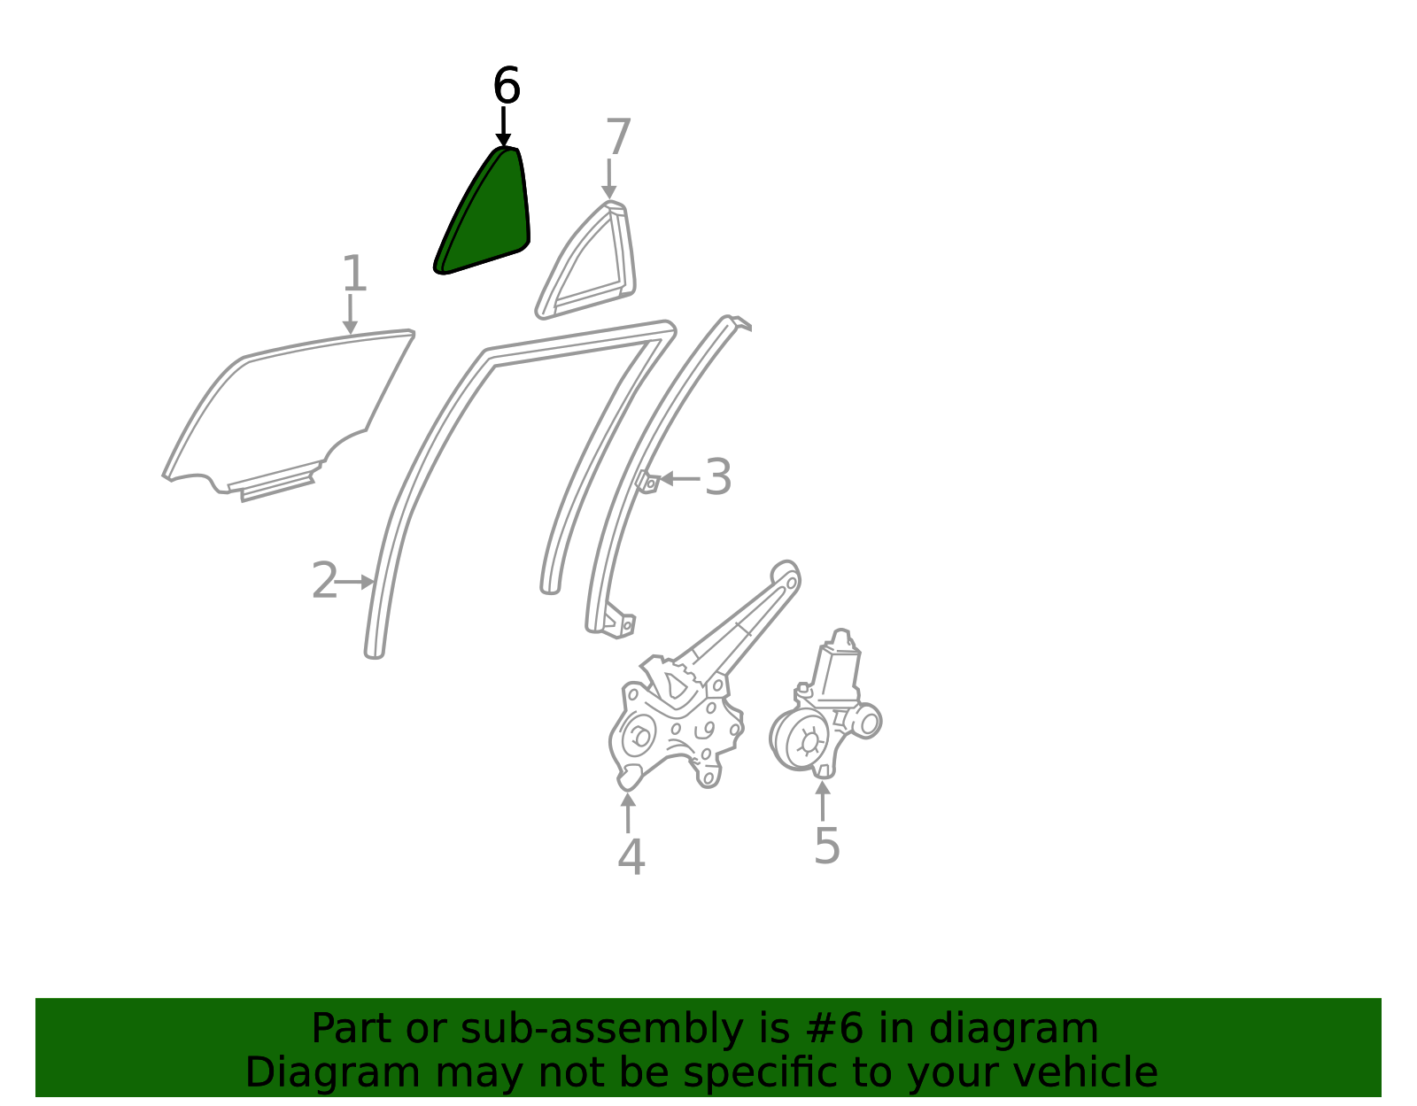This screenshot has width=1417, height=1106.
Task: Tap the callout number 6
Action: tap(507, 85)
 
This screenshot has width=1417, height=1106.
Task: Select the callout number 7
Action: tap(618, 136)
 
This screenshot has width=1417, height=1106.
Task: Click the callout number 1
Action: tap(354, 273)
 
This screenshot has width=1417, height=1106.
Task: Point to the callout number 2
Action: tap(324, 580)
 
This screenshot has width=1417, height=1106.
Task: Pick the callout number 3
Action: tap(718, 477)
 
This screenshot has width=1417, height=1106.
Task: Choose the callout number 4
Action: tap(631, 857)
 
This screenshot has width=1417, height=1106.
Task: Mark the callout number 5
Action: tap(827, 846)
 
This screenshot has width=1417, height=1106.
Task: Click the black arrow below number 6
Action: tap(503, 128)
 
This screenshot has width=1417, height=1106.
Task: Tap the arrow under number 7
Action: tap(609, 179)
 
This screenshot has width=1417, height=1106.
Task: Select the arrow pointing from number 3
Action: tap(679, 479)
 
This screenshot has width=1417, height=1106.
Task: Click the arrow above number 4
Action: tap(627, 813)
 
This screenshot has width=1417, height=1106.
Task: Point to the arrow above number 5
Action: tap(823, 801)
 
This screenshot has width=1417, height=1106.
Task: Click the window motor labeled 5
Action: tap(825, 708)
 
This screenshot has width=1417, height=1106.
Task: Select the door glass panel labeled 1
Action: tap(289, 414)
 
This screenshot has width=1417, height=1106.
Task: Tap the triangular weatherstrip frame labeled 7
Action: tap(586, 260)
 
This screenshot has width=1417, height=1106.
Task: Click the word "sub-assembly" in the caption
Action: tap(601, 1029)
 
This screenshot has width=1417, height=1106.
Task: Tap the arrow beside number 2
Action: tap(354, 582)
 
